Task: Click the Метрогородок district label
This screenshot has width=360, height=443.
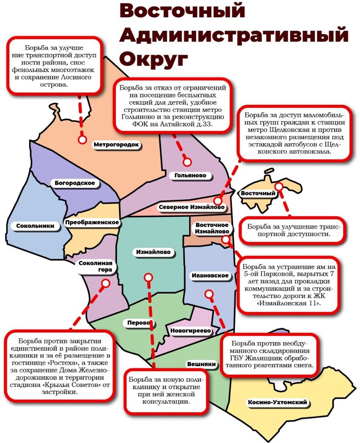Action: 116,144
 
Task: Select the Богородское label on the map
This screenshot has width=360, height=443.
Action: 75,183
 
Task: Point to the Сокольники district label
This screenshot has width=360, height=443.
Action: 35,226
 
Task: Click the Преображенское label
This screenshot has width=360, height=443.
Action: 92,222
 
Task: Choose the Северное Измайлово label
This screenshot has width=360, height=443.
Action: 191,207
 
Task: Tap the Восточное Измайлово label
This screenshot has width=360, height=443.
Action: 212,228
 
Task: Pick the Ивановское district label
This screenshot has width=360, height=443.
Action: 210,275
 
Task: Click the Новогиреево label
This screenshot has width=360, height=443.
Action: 190,331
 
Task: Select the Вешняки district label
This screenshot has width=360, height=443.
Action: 201,364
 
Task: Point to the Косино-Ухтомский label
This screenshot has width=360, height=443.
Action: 277,402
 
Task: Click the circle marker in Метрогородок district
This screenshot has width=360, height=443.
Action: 82,140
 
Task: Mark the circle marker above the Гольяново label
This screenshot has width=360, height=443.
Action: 187,162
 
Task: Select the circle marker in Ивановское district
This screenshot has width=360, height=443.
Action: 209,294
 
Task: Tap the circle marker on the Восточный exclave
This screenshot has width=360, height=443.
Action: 279,187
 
